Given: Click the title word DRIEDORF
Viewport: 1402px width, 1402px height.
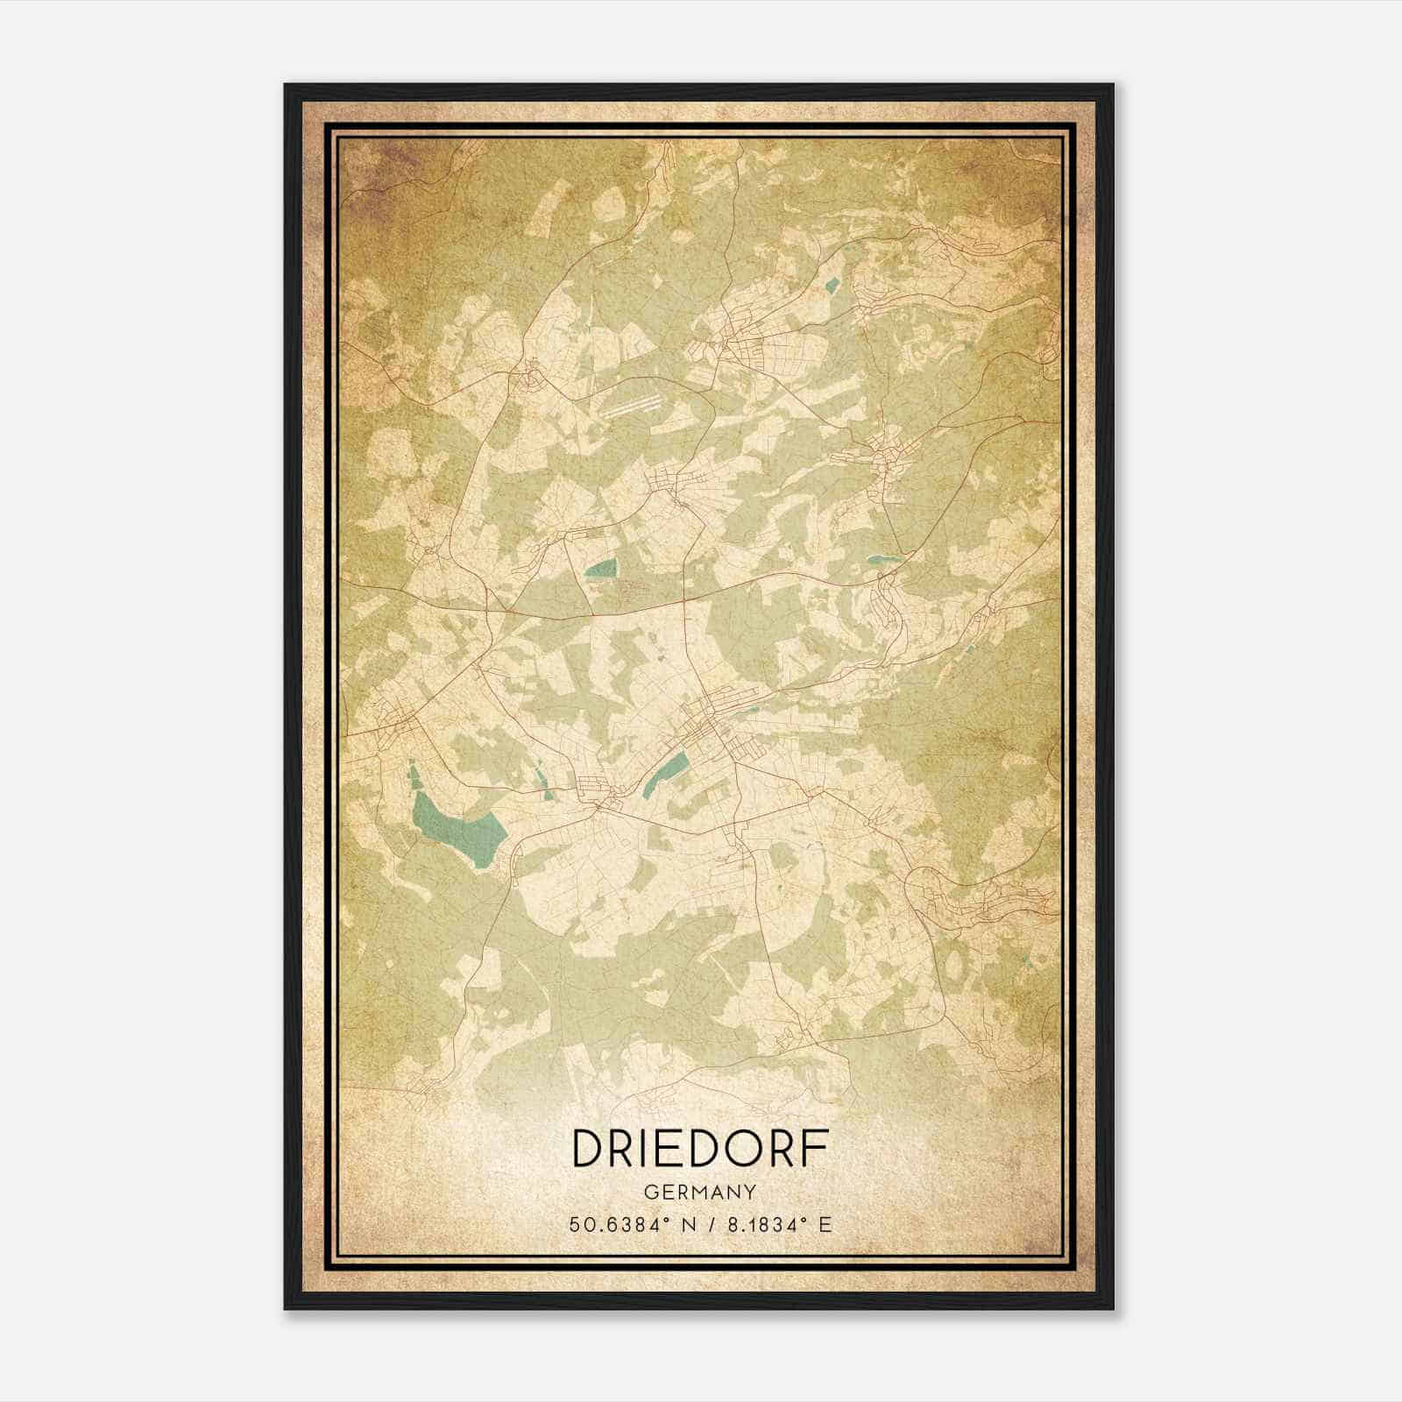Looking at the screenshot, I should [699, 1149].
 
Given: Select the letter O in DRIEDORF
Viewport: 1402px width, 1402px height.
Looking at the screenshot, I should [738, 1149].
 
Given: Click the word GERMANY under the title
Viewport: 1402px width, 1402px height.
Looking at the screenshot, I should [699, 1193].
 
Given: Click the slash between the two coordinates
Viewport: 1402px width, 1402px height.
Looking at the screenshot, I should [710, 1225].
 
